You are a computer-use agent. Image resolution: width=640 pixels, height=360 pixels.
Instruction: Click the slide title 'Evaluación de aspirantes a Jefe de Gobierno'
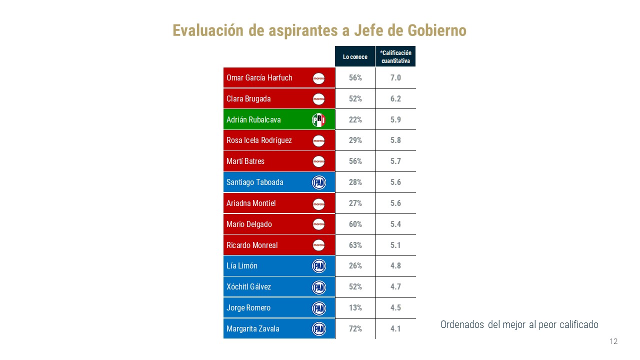[319, 30]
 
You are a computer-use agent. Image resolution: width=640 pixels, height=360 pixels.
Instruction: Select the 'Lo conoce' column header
[355, 57]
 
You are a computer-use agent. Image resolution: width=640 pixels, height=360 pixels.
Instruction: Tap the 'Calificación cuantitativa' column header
[395, 57]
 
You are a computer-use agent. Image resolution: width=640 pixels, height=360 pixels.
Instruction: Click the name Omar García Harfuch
[259, 78]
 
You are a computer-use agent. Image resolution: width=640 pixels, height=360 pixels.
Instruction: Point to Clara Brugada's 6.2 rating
[395, 99]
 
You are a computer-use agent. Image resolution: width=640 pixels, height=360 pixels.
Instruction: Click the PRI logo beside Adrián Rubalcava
[318, 120]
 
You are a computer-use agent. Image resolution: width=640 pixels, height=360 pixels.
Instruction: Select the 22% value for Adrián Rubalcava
[355, 120]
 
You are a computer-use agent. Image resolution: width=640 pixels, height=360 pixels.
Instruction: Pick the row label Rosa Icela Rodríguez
[259, 140]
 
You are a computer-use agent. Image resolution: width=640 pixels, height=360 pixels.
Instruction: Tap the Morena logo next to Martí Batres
[318, 161]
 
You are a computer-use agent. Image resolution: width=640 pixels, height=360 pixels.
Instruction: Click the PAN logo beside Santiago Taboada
[318, 182]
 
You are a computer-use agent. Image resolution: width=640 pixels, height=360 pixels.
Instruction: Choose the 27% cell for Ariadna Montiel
[355, 203]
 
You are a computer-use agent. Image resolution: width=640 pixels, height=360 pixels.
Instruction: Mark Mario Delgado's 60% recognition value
[355, 224]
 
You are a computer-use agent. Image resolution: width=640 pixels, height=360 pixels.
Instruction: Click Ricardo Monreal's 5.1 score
[395, 245]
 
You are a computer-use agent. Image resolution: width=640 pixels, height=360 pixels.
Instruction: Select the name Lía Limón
[242, 266]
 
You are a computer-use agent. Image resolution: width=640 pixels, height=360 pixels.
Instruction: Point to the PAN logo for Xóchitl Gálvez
[318, 287]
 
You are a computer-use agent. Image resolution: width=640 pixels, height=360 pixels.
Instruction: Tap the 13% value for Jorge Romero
[355, 308]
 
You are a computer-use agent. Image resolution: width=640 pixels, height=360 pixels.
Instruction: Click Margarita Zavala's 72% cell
[355, 329]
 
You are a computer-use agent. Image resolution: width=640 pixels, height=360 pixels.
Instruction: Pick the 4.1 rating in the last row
[395, 329]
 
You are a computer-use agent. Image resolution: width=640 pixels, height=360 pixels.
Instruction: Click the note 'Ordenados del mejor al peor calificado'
[519, 324]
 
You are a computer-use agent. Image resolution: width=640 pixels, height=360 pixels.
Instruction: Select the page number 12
[613, 341]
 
